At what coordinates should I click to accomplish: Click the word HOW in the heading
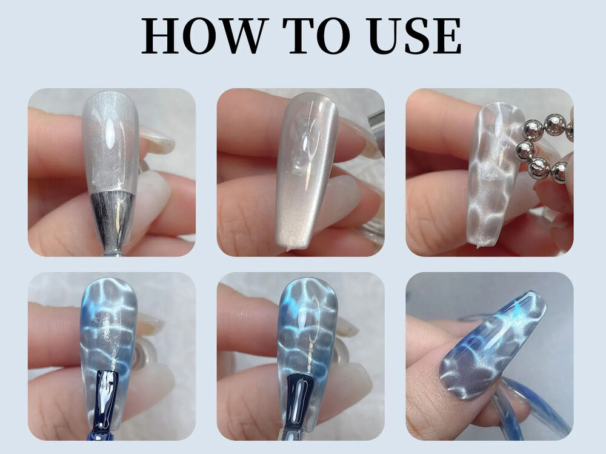205,36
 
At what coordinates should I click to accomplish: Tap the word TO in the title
316,36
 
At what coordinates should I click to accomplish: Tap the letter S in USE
417,36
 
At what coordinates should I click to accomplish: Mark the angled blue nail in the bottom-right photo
493,346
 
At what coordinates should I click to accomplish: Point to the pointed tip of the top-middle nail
288,250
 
